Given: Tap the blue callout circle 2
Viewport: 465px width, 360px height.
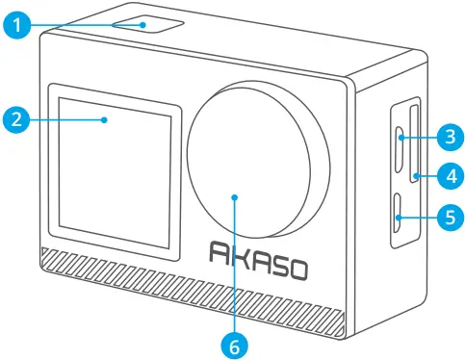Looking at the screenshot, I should click(x=14, y=119).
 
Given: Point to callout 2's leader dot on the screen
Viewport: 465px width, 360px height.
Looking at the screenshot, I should click(x=105, y=119).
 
